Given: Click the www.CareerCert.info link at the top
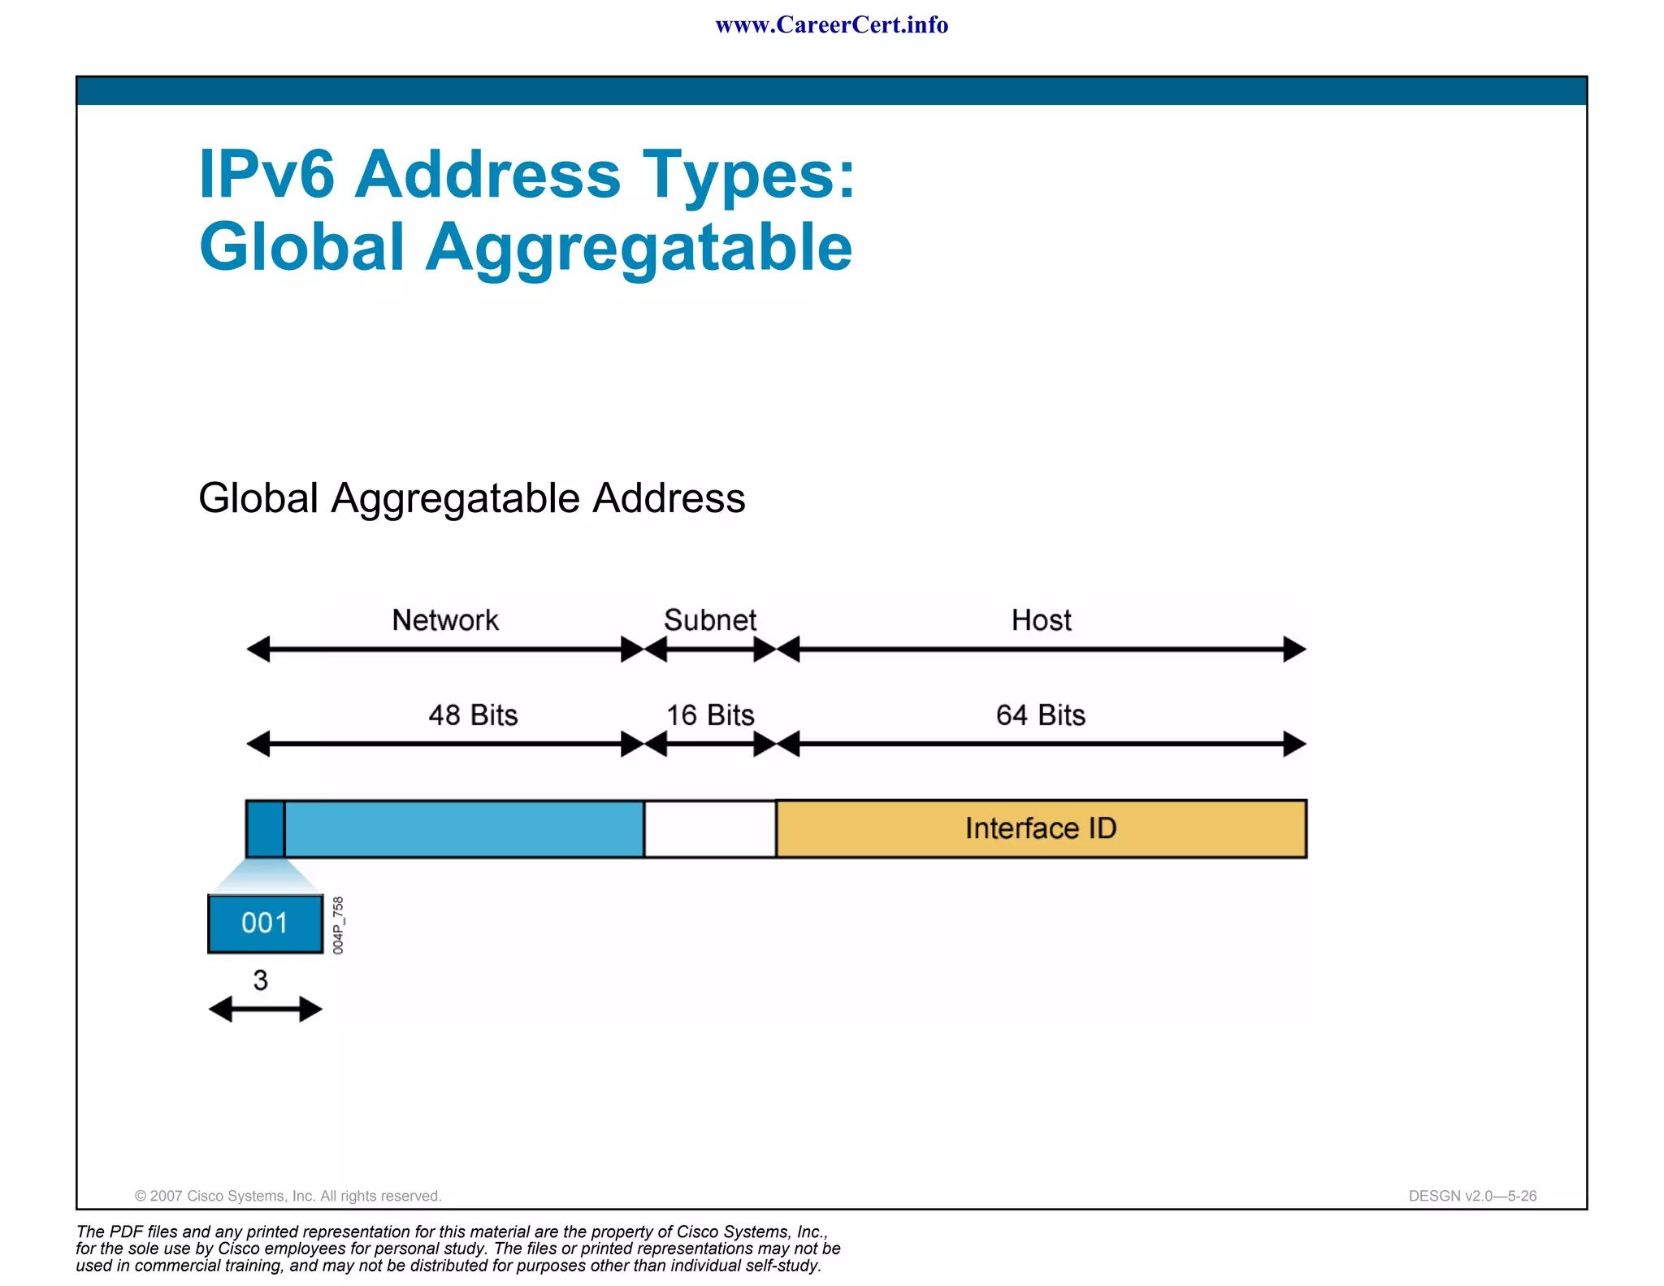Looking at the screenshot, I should point(831,25).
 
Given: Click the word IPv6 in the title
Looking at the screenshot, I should point(266,174).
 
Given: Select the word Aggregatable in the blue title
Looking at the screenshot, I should point(639,247).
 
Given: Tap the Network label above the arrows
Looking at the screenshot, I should point(445,620).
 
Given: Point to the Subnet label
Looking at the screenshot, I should point(710,620).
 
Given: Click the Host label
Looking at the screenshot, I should point(1041,620).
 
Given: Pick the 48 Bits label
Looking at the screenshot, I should point(473,715).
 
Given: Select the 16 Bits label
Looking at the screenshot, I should point(710,715).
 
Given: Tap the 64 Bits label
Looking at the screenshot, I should point(1041,715).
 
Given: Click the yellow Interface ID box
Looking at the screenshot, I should point(1041,828).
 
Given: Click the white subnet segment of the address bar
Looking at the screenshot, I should point(710,828).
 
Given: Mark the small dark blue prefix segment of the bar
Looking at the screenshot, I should point(266,828).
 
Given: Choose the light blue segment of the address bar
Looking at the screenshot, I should point(464,828).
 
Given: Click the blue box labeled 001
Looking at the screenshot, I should point(265,923).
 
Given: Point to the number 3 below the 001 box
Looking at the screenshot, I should point(260,980).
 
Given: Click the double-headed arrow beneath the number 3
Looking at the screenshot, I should point(266,1010).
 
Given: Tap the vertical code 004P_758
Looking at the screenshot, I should point(339,925).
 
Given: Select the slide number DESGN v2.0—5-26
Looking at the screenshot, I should point(1472,1196).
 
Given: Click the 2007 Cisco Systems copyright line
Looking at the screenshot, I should point(288,1196).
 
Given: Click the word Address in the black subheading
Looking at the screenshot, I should point(669,497).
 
